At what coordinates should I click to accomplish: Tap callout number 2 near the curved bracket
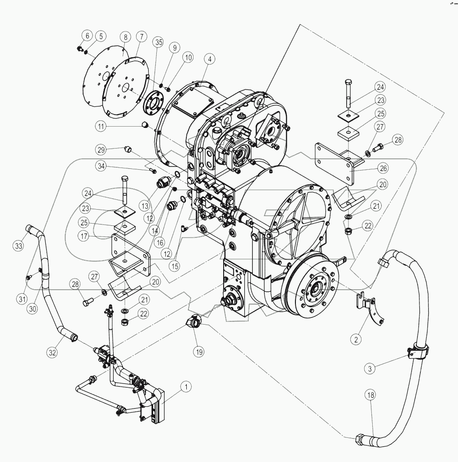pyautogui.click(x=356, y=339)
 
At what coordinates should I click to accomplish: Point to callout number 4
pyautogui.click(x=209, y=59)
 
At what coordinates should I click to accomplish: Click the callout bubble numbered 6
pyautogui.click(x=87, y=35)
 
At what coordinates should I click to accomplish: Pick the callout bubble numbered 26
pyautogui.click(x=383, y=169)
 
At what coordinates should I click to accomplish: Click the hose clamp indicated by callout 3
pyautogui.click(x=417, y=351)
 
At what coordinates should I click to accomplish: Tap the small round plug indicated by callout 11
pyautogui.click(x=145, y=124)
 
